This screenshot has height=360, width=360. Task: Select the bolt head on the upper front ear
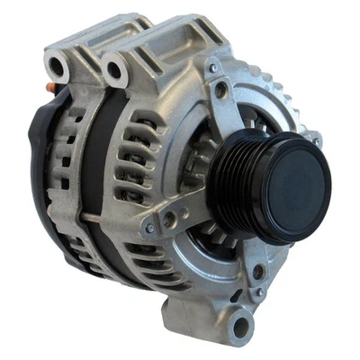[x=213, y=68]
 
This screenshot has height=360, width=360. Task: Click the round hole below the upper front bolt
[x=221, y=90]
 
